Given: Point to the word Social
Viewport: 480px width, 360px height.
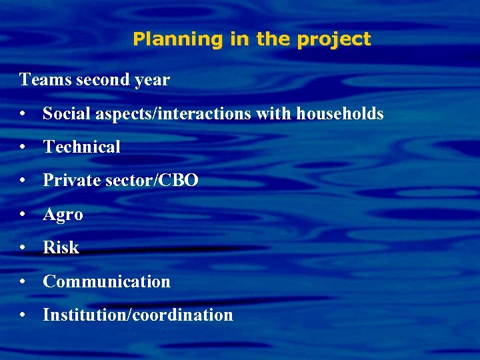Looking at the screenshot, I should coord(65,114).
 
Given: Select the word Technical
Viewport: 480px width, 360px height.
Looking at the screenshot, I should coord(81,147).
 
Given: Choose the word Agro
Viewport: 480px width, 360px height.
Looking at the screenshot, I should coord(63,215).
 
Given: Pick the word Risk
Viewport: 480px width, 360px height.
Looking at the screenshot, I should coord(61,248).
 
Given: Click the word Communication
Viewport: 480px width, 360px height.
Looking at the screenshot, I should coord(107,281).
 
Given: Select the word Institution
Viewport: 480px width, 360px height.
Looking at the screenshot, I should coord(85,315).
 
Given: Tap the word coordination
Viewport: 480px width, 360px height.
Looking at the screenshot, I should coord(183,315).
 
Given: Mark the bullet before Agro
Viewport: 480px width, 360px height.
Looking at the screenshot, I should coord(23,215).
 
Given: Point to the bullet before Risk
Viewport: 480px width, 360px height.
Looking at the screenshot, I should coord(23,248).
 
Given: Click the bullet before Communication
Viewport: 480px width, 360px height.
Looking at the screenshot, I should coord(23,282).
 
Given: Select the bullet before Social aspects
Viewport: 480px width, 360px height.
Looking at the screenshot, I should coord(23,115).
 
